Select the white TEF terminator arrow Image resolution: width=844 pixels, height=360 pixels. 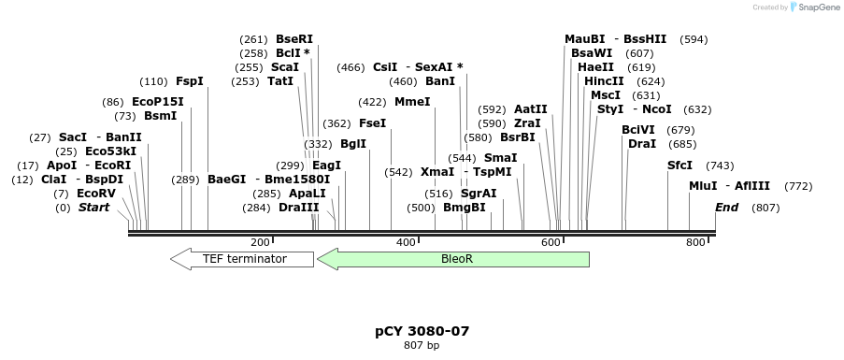pyautogui.click(x=243, y=259)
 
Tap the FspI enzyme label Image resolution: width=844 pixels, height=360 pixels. pyautogui.click(x=189, y=81)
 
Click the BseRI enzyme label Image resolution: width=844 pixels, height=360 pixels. pyautogui.click(x=294, y=39)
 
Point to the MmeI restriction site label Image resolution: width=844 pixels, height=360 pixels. pyautogui.click(x=412, y=101)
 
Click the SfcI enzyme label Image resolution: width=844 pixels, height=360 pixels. pyautogui.click(x=679, y=165)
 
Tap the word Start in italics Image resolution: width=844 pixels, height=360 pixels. pyautogui.click(x=93, y=208)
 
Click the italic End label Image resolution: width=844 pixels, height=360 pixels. pyautogui.click(x=726, y=208)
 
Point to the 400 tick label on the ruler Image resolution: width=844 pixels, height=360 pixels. pyautogui.click(x=405, y=242)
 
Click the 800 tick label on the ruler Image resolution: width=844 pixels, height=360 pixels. pyautogui.click(x=694, y=242)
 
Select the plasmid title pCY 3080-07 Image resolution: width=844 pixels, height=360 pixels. pyautogui.click(x=422, y=331)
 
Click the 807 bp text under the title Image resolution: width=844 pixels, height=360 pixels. pyautogui.click(x=422, y=345)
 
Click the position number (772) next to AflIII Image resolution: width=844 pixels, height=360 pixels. pyautogui.click(x=798, y=186)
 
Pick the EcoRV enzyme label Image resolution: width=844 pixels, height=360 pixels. pyautogui.click(x=97, y=194)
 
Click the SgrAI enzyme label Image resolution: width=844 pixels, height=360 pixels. pyautogui.click(x=479, y=194)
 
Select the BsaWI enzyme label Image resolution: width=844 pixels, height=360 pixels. pyautogui.click(x=592, y=53)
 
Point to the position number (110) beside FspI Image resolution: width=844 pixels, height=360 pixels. pyautogui.click(x=153, y=81)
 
